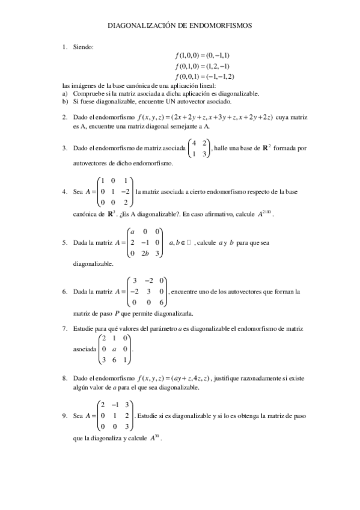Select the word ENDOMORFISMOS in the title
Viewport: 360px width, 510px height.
223,26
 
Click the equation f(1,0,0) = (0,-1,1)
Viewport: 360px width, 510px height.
203,56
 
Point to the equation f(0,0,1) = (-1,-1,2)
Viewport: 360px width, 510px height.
204,76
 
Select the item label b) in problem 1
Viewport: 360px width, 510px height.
66,102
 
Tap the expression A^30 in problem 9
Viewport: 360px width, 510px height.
155,438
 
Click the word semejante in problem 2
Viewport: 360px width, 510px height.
183,127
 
